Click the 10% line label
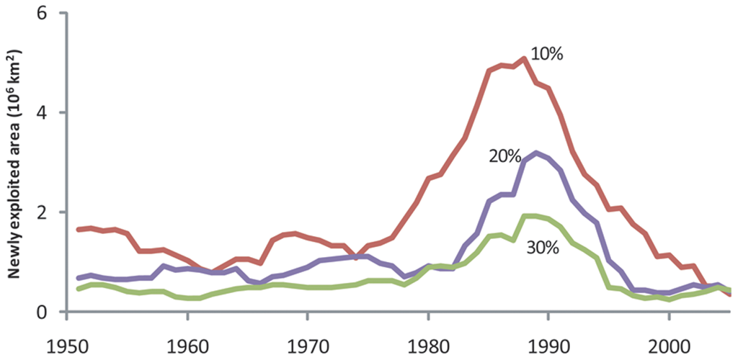click(x=547, y=54)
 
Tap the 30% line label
click(x=543, y=247)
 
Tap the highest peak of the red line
click(x=525, y=58)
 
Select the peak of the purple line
click(x=536, y=153)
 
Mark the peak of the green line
click(x=530, y=216)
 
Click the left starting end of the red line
click(x=78, y=229)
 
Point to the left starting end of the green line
click(x=78, y=289)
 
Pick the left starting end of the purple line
click(x=78, y=278)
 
